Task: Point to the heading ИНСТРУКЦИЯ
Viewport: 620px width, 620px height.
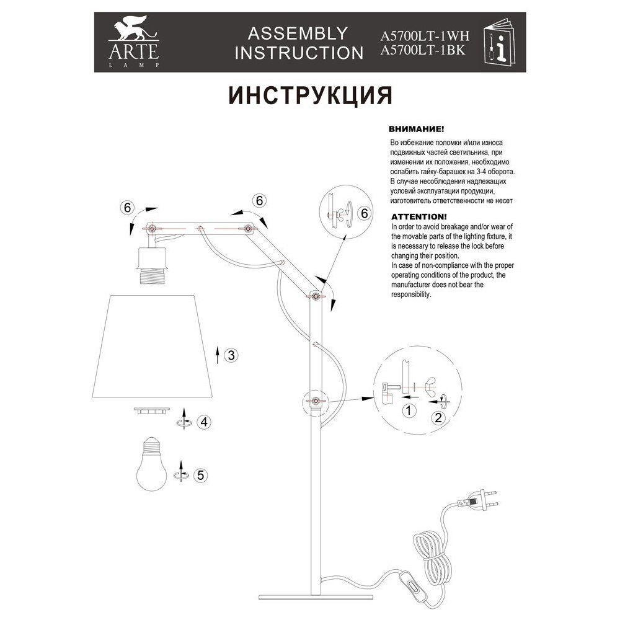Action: click(310, 95)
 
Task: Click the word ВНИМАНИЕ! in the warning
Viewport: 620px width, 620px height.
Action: click(415, 131)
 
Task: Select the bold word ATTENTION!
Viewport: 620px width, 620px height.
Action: click(418, 218)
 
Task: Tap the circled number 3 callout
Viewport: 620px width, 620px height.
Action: click(230, 355)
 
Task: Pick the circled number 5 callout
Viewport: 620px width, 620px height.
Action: click(200, 476)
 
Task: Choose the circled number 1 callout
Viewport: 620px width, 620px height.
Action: click(407, 410)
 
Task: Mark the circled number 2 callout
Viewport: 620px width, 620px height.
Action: click(438, 417)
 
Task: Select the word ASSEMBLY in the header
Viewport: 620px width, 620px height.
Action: click(298, 33)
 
